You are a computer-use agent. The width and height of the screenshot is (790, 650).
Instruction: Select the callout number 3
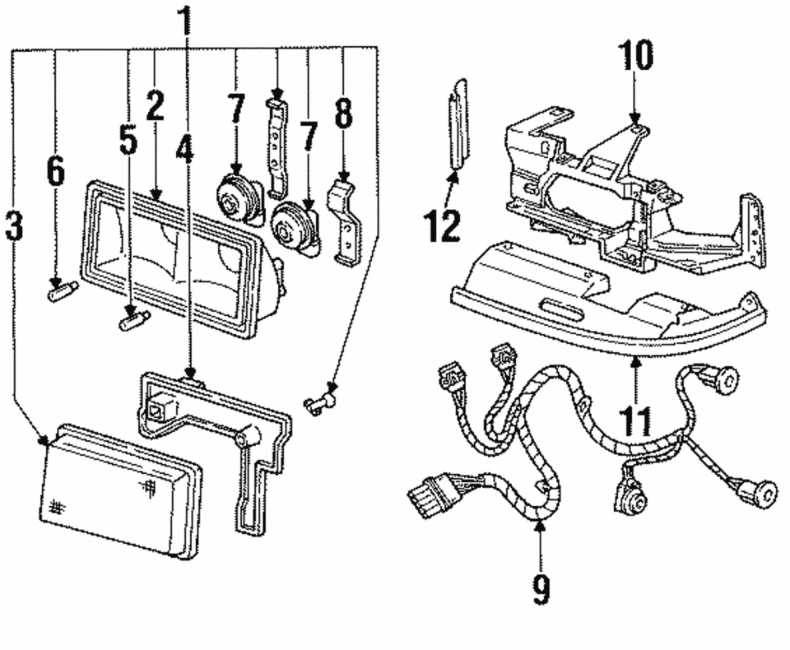point(14,225)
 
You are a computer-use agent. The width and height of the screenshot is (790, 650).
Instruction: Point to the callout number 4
point(185,148)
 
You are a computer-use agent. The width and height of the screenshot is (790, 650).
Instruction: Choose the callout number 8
point(343,114)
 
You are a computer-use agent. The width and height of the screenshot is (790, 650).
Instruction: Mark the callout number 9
point(540,589)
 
